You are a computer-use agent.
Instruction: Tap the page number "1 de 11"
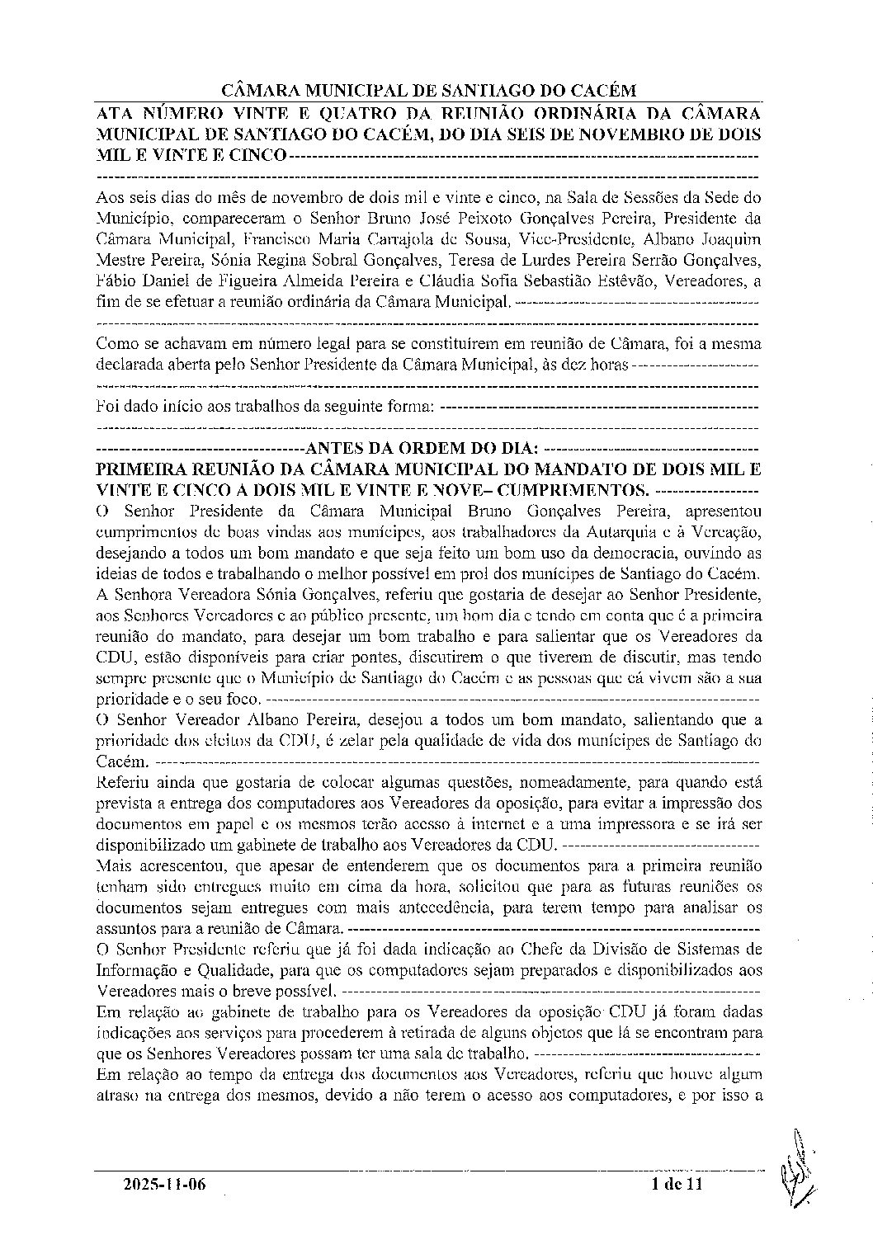[x=676, y=1186]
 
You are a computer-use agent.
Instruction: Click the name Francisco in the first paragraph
[x=279, y=240]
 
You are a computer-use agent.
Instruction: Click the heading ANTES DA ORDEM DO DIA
[x=422, y=449]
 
